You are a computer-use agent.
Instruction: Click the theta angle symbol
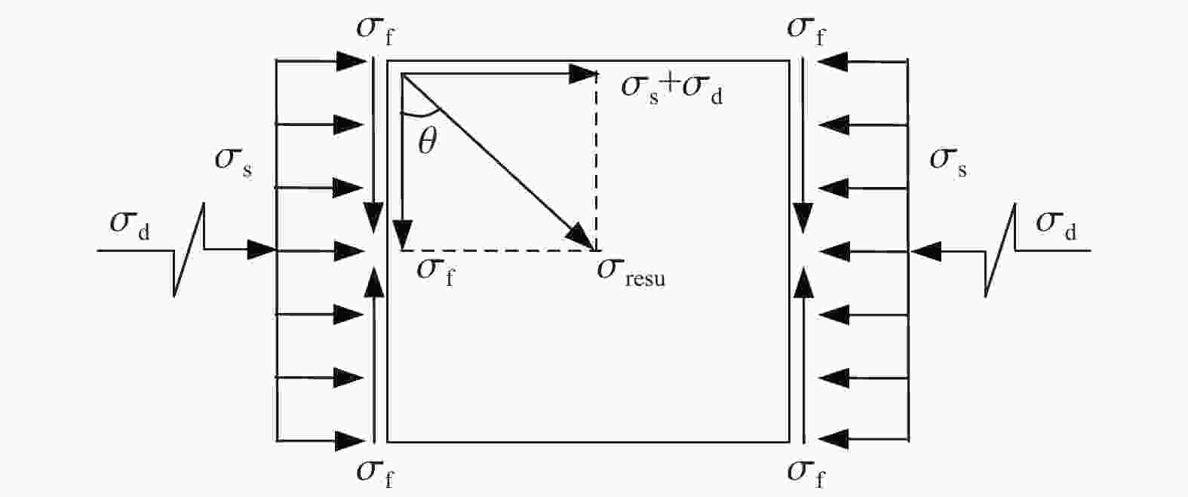[428, 141]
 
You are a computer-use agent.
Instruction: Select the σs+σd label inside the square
[671, 91]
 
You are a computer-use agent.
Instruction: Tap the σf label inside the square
[435, 272]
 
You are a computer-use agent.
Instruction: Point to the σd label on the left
[130, 225]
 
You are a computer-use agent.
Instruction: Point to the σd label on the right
[1056, 225]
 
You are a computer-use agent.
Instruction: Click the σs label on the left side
[233, 162]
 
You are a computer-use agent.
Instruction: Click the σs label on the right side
[948, 162]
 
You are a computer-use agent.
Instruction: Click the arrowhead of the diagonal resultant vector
[582, 237]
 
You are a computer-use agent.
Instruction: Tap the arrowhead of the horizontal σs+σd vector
[583, 74]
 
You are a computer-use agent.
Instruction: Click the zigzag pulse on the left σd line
[189, 250]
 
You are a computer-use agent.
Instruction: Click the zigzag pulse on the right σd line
[1000, 250]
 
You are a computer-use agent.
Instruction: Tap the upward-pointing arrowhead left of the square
[374, 281]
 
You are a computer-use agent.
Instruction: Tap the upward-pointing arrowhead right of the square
[803, 281]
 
